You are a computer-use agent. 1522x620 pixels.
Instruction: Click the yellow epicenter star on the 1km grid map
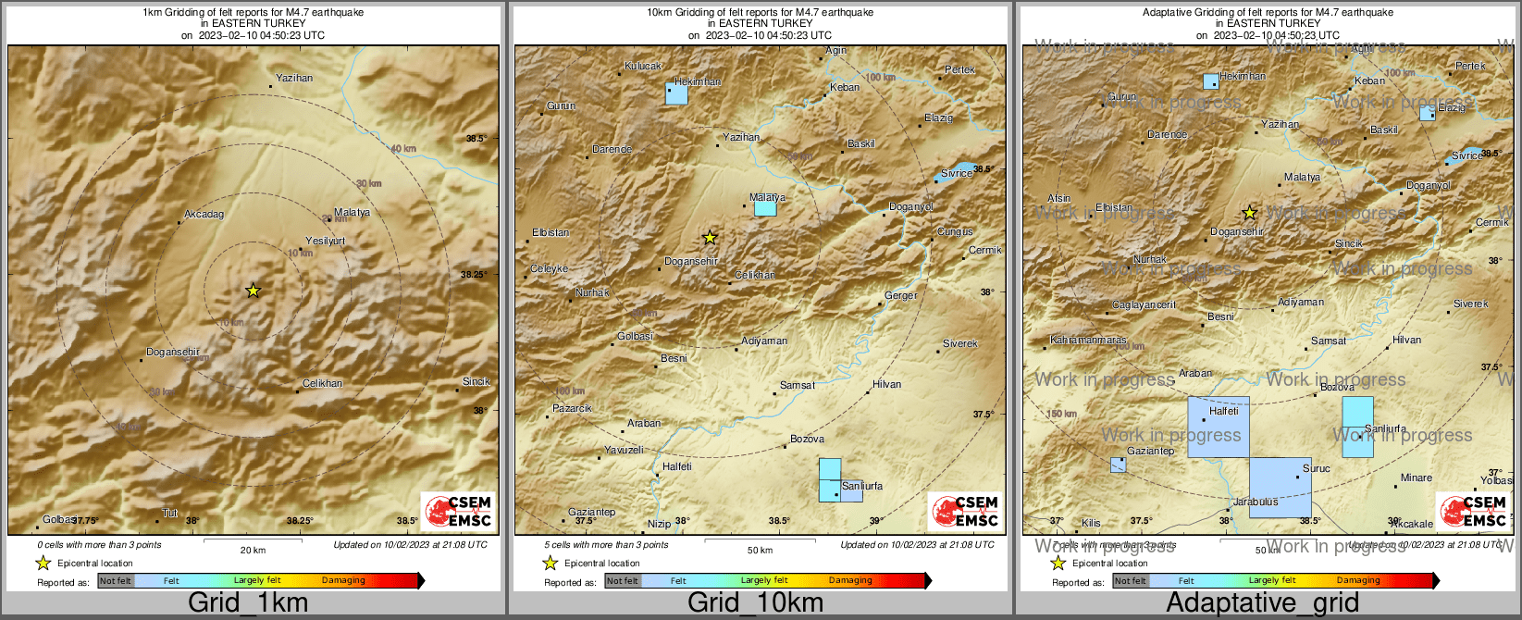point(254,291)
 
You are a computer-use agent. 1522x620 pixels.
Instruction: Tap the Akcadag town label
point(204,215)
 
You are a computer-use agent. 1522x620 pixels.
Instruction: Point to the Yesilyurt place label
point(325,242)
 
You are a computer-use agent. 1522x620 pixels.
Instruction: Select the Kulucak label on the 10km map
point(643,66)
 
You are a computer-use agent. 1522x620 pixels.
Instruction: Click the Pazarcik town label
point(572,408)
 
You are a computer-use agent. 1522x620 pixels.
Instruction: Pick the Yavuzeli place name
point(624,450)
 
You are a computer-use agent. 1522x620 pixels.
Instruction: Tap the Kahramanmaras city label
point(1088,341)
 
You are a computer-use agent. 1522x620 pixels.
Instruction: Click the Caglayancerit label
point(1144,305)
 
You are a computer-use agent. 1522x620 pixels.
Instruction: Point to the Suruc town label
point(1316,469)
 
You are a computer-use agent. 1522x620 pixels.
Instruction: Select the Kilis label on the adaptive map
point(1091,524)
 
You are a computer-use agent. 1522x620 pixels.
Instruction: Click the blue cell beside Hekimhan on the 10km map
point(676,93)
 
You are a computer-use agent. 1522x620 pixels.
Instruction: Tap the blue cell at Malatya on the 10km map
point(765,208)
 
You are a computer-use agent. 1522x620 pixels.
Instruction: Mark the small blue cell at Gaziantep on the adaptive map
point(1118,465)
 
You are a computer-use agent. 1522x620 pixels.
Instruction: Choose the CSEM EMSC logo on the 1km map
point(458,512)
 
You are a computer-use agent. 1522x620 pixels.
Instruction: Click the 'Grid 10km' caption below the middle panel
point(755,603)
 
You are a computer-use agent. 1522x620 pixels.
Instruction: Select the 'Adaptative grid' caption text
point(1262,603)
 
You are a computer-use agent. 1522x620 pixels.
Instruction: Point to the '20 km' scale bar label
point(253,551)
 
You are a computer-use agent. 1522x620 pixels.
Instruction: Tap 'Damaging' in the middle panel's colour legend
point(850,580)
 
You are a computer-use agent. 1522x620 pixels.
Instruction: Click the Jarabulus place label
point(1256,502)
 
